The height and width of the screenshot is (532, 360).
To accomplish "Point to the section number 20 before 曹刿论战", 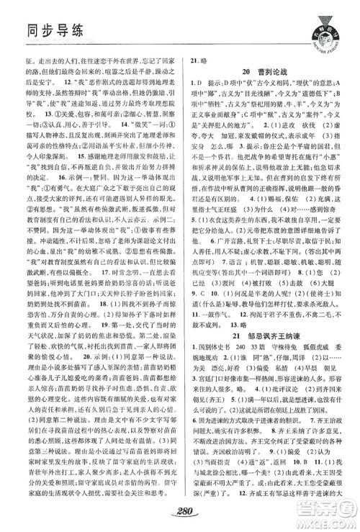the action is click(x=246, y=73).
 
